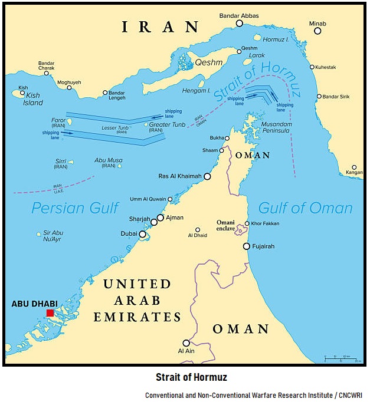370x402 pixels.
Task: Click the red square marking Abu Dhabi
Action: [50, 313]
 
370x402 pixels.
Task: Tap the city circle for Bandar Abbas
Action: [240, 23]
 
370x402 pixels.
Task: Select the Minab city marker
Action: [317, 31]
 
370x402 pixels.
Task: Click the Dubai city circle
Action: [142, 234]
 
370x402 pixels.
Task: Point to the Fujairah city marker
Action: [247, 246]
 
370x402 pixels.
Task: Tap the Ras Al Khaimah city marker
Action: [207, 176]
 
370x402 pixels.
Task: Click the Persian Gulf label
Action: [75, 207]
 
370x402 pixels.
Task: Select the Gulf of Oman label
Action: [306, 207]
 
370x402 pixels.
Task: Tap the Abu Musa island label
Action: [109, 163]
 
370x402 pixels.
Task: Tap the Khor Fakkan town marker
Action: [247, 223]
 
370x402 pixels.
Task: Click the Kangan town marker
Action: [354, 167]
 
